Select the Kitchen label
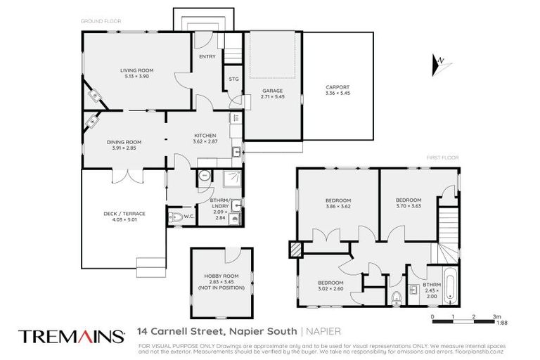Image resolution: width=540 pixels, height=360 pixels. coord(205,136)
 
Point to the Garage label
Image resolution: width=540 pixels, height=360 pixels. coord(272,91)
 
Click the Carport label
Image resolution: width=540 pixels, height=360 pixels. coord(337,88)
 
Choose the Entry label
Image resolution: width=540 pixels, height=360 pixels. coord(207,56)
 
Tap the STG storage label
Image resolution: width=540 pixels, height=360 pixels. coord(233,79)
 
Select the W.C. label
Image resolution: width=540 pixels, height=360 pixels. coord(188,217)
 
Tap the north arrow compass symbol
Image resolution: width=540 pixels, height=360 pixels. coord(438,65)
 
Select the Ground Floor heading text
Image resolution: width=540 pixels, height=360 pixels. coord(101,22)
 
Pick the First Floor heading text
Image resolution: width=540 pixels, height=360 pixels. coord(442,157)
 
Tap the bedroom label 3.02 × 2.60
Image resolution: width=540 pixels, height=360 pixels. coord(330,288)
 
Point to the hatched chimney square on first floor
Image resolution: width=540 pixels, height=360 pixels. coord(295,248)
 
